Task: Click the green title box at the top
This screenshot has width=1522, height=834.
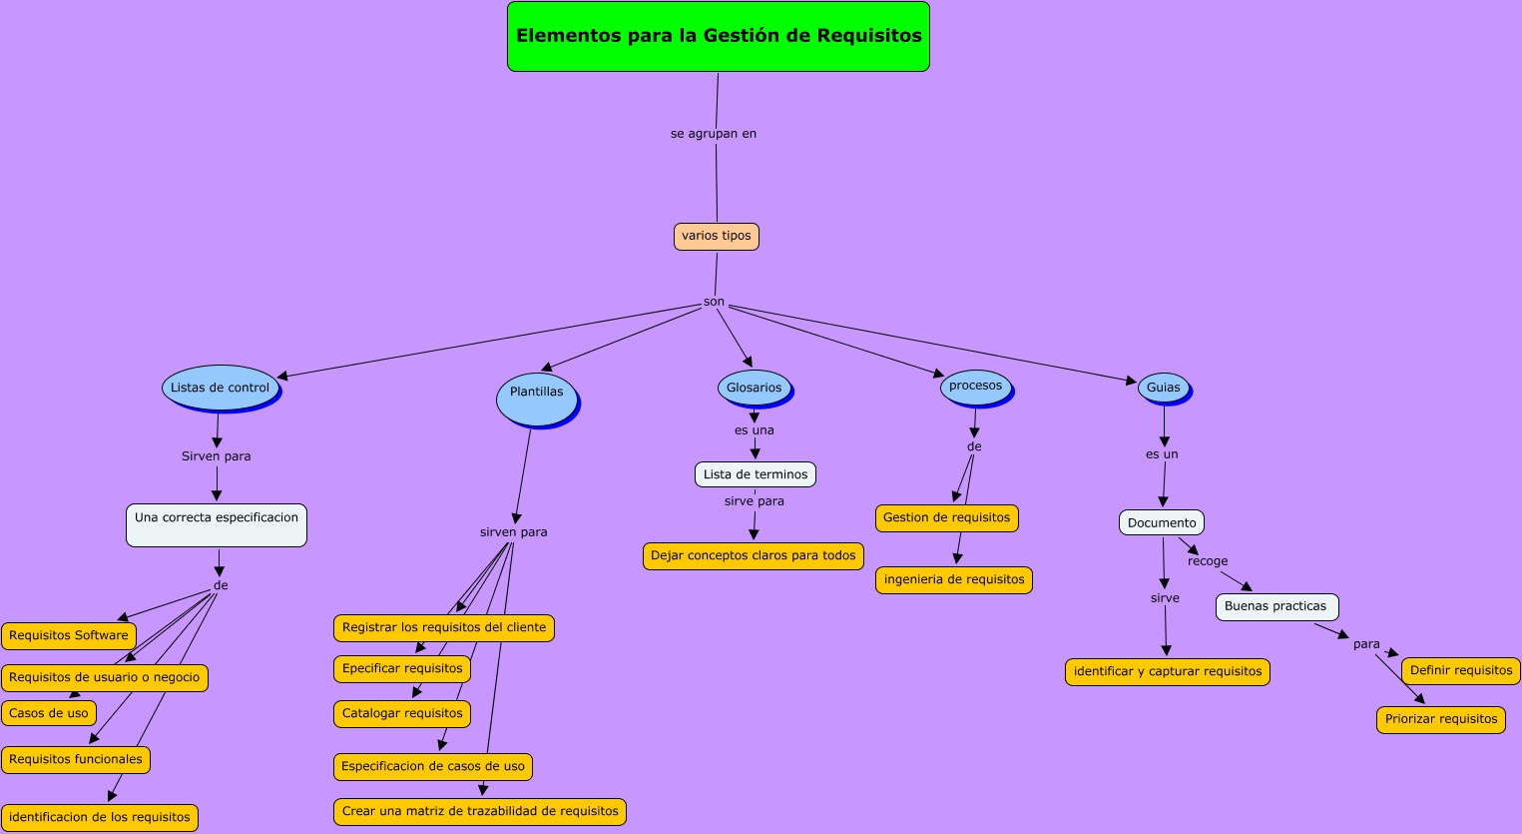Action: click(718, 37)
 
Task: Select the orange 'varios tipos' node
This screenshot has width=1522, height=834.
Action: click(716, 237)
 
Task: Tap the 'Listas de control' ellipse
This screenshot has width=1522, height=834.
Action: click(220, 389)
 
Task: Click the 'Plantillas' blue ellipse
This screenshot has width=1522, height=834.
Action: click(537, 397)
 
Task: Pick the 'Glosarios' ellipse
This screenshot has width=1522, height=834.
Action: click(754, 389)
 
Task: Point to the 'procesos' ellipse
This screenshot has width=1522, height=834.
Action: click(975, 387)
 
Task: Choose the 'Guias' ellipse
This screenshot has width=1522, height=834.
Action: click(1163, 388)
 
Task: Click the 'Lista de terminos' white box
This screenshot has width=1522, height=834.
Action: click(755, 474)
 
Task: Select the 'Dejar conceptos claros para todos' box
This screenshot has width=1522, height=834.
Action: click(753, 556)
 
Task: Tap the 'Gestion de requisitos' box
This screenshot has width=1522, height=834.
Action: click(946, 518)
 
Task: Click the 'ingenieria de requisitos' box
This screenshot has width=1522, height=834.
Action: click(953, 580)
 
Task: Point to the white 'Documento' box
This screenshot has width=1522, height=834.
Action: click(1161, 523)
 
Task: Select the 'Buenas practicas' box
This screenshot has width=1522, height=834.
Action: click(1275, 607)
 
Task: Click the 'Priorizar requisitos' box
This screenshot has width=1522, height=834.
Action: click(1440, 720)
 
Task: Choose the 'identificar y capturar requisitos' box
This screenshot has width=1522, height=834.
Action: click(1167, 672)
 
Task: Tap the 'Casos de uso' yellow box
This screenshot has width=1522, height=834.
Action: click(49, 714)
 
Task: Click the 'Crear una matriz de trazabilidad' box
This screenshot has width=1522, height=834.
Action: click(479, 812)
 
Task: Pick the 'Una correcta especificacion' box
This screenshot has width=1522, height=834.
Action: click(216, 525)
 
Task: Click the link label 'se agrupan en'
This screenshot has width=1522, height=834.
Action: click(713, 134)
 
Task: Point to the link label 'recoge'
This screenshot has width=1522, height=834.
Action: click(1207, 561)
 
